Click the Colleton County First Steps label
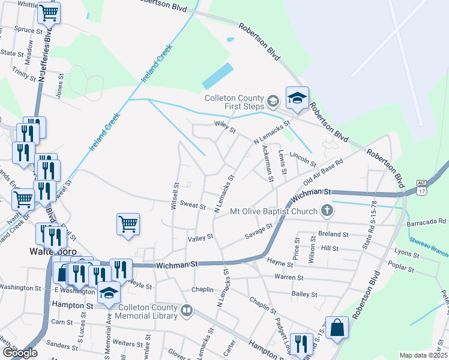[x=234, y=102]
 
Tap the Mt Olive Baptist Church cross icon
[x=327, y=211]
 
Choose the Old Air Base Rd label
[x=323, y=172]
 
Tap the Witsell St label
[x=176, y=195]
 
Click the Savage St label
[x=259, y=232]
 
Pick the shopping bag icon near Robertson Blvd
[x=337, y=328]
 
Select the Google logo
[x=20, y=353]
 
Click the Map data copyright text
[x=423, y=355]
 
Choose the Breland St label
[x=334, y=235]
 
